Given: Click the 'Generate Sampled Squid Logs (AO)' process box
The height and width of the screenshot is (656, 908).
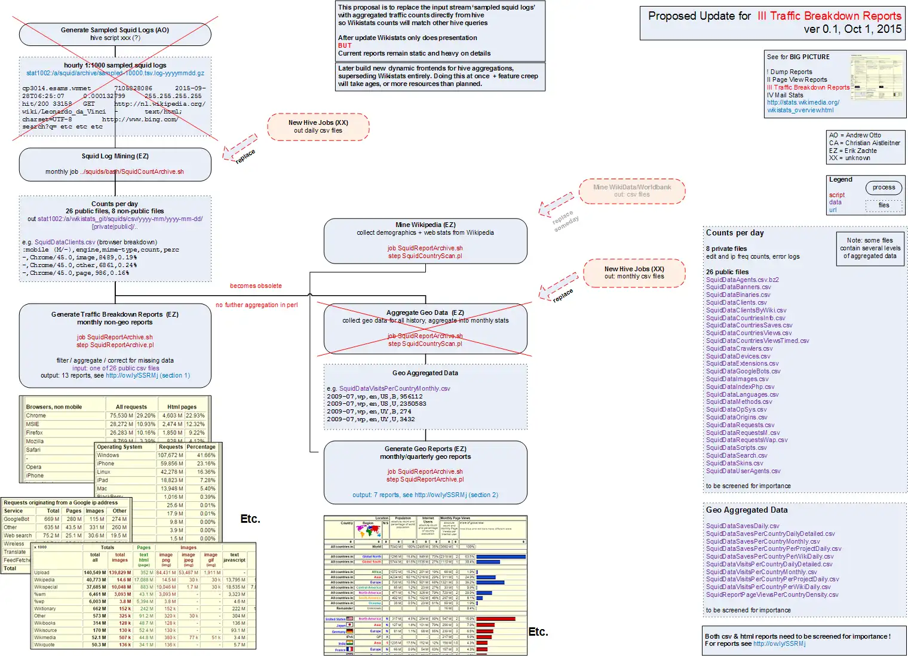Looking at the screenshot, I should [115, 34].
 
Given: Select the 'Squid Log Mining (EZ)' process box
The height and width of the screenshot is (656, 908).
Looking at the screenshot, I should [115, 164].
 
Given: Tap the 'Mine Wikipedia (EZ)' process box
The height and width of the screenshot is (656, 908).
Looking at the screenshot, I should [425, 240].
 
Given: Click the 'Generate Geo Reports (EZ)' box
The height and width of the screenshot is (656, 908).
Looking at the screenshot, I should [425, 472].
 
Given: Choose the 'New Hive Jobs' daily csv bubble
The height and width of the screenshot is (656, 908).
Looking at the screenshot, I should [318, 127].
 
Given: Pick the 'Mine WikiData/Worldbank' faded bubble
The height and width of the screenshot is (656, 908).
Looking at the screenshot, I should [631, 191].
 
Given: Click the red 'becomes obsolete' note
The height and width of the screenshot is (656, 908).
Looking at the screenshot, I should [256, 286].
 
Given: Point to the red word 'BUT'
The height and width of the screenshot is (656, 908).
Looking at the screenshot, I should [345, 45].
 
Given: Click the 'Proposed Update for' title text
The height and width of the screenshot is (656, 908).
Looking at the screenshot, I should [700, 16].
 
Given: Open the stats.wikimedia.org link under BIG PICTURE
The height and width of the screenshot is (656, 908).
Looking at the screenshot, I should [803, 103].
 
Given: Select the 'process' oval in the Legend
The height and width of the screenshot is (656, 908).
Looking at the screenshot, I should [884, 188].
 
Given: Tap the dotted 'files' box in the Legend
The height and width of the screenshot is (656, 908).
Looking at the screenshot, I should [884, 206].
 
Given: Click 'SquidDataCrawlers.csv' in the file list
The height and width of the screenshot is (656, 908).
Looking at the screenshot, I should [739, 348].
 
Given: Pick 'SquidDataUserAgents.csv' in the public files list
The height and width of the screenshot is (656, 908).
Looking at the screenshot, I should [743, 471].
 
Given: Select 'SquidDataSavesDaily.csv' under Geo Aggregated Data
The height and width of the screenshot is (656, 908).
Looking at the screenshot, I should [743, 526].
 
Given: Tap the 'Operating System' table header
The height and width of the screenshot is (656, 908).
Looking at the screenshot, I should [119, 447].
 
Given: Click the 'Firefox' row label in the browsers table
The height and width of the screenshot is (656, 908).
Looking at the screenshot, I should [35, 433].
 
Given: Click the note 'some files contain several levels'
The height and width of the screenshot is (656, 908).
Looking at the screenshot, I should [870, 248].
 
